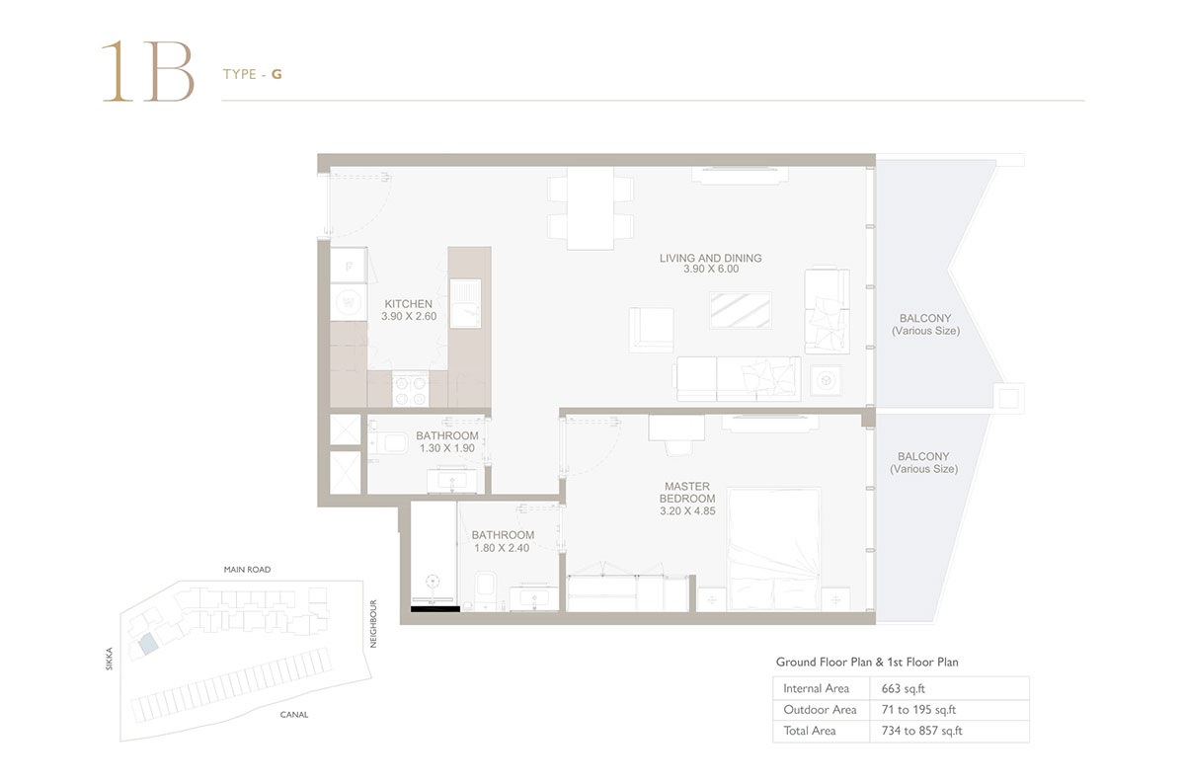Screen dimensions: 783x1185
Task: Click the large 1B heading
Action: point(147,72)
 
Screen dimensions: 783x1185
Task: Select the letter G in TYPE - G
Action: point(277,74)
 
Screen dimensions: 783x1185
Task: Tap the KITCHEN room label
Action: point(409,304)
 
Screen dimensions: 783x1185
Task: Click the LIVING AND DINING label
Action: point(710,259)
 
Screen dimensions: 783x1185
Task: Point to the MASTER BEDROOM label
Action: point(686,493)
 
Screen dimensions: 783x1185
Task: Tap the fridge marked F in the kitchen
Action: point(348,265)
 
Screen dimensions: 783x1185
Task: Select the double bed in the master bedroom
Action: point(774,549)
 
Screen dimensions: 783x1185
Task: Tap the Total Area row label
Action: point(810,731)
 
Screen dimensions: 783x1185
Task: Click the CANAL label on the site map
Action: point(293,715)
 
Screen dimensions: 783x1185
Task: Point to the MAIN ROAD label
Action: point(247,570)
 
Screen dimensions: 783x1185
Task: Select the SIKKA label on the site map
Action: point(110,659)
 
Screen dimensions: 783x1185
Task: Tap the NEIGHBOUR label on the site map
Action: point(374,623)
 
